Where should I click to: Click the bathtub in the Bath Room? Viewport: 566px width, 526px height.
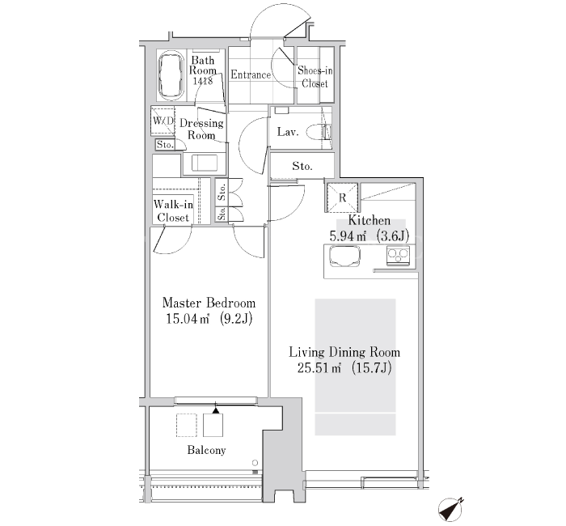171,75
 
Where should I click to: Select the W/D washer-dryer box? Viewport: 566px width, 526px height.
163,121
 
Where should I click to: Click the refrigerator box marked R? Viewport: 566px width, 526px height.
342,197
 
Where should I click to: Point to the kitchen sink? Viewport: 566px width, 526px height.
344,256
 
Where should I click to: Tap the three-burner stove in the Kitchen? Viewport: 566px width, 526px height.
398,256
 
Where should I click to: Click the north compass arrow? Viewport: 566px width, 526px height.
450,509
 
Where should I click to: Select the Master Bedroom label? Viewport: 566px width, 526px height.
209,303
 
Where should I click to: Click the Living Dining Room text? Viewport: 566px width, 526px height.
344,352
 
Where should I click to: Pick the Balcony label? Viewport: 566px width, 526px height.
206,450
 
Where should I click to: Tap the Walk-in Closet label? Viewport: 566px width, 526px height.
173,211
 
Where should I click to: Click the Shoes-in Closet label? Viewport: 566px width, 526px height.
315,77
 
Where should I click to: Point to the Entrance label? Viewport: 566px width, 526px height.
251,74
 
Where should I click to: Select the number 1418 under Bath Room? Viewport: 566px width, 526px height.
202,81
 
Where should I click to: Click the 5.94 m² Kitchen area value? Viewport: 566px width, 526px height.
348,236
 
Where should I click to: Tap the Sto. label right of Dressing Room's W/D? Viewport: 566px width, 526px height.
165,145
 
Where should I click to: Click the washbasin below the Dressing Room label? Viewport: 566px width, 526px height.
204,163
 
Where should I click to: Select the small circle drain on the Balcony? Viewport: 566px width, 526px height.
256,463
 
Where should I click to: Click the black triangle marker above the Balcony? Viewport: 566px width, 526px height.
216,410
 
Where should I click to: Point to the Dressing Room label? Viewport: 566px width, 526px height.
201,129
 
